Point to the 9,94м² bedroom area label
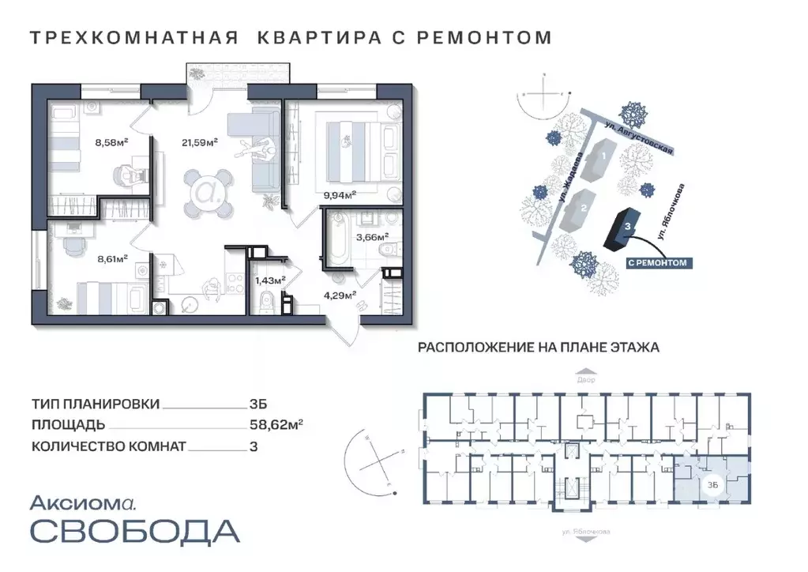tap(340, 193)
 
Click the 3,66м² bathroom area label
tap(371, 235)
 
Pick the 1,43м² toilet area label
tap(269, 279)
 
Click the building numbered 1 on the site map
tap(603, 158)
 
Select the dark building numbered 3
tap(622, 228)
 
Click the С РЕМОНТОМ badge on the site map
tap(656, 262)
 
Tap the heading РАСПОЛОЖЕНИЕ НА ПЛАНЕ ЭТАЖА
tap(538, 346)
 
